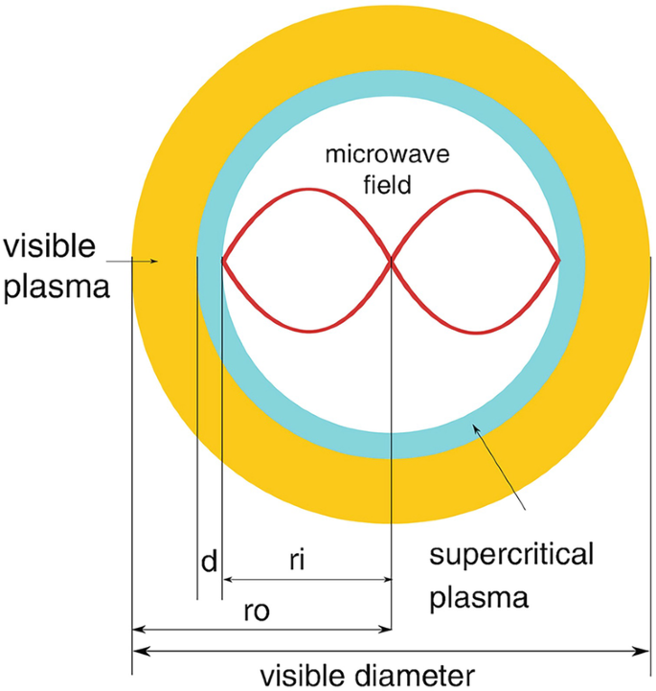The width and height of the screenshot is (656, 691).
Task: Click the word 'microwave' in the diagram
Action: click(388, 154)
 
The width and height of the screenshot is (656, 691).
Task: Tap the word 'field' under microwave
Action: click(388, 184)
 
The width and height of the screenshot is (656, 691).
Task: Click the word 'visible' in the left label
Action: click(49, 246)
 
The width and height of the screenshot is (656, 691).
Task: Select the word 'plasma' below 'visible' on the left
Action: click(57, 288)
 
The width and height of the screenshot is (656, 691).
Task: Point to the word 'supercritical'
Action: click(511, 555)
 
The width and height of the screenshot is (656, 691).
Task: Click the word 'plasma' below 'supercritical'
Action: click(479, 598)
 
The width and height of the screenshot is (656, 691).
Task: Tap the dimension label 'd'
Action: click(209, 562)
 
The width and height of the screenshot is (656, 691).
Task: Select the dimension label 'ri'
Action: click(297, 560)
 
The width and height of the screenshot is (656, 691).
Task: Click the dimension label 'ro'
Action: click(257, 610)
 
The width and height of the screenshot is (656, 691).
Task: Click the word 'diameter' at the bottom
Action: click(415, 676)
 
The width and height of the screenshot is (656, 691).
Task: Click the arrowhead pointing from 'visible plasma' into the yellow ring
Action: click(154, 262)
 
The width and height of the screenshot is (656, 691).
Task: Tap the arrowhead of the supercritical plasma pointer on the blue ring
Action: click(476, 427)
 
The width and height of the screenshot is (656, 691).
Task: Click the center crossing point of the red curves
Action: click(391, 261)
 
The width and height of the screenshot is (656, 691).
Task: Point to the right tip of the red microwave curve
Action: click(559, 261)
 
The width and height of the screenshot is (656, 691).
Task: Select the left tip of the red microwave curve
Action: click(223, 261)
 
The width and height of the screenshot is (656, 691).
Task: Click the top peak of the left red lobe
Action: click(308, 190)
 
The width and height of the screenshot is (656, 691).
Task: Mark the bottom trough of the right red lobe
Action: click(477, 332)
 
